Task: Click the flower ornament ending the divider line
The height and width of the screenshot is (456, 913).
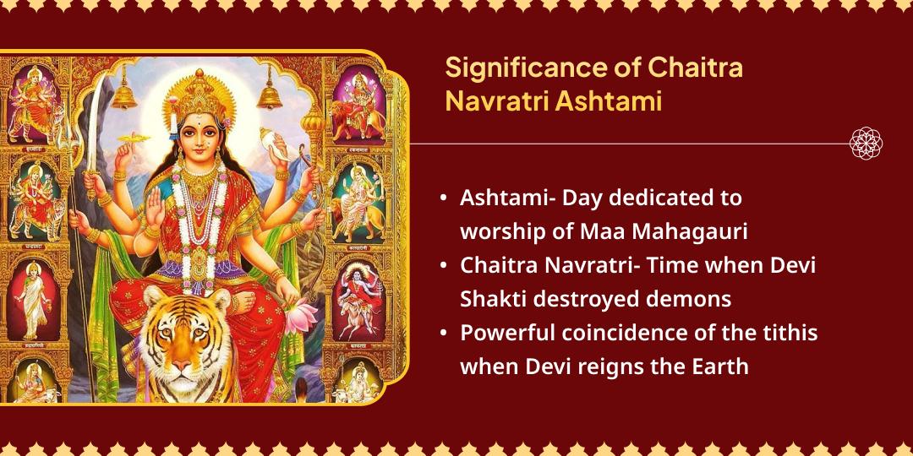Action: tap(866, 144)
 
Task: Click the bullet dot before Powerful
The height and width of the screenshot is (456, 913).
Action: tap(445, 333)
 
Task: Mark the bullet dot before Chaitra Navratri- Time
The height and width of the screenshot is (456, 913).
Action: tap(445, 264)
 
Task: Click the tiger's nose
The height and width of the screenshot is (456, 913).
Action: tap(181, 365)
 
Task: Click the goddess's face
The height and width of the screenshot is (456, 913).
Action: tap(201, 136)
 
